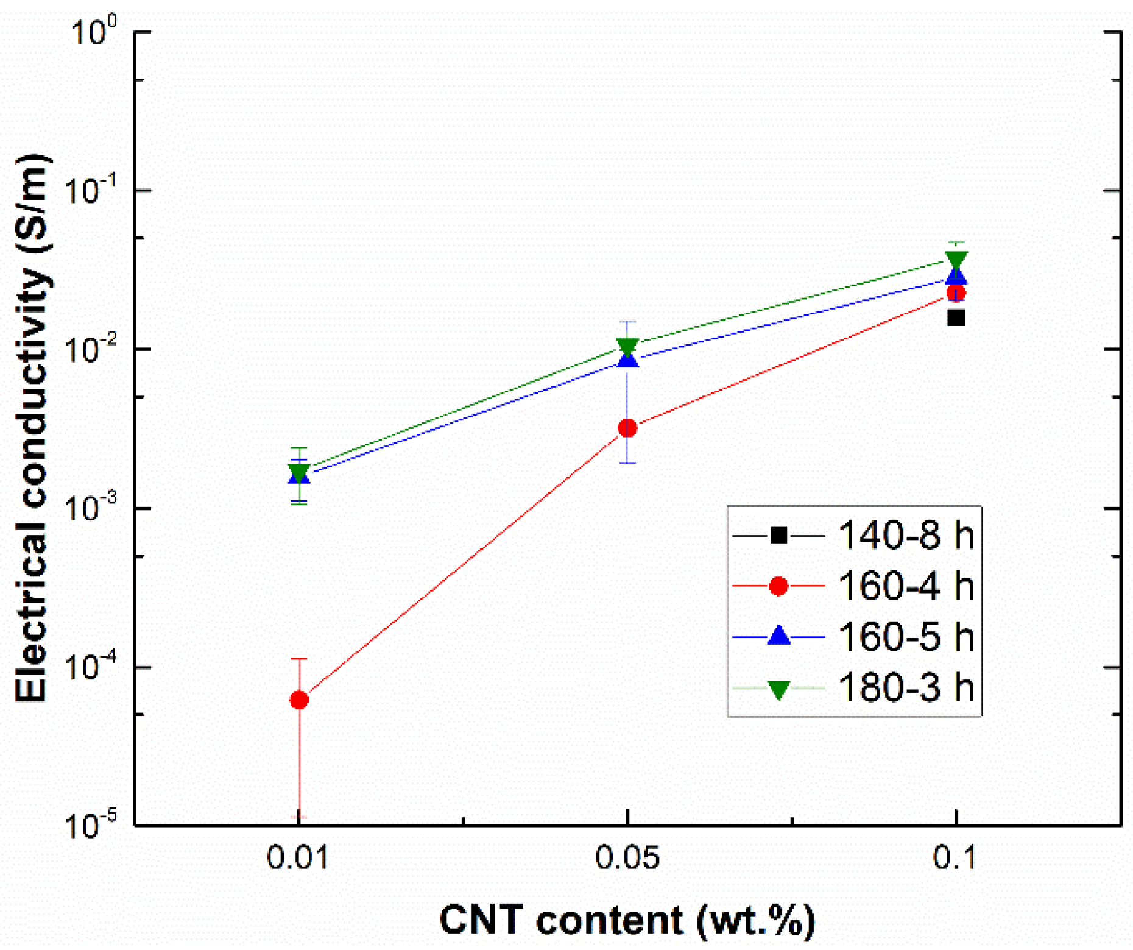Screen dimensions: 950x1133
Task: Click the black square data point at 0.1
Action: (x=956, y=317)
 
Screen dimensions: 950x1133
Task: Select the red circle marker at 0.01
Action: (x=299, y=700)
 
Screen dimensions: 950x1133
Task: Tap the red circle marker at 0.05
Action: (x=627, y=428)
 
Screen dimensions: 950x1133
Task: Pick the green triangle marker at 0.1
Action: (x=956, y=260)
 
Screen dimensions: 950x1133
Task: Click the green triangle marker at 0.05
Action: (x=627, y=346)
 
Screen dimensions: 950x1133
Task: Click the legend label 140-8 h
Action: (x=906, y=536)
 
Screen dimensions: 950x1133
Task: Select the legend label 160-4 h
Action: (x=906, y=586)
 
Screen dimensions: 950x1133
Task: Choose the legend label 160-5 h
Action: (x=906, y=637)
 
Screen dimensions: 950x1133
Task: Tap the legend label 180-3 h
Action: (x=906, y=687)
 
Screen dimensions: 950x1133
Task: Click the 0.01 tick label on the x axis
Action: (x=298, y=858)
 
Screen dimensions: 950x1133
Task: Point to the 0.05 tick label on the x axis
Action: (x=627, y=858)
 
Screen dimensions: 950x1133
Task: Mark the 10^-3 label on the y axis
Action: (x=91, y=508)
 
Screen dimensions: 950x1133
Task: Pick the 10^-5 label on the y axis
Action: (x=91, y=826)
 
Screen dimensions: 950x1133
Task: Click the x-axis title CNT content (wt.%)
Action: (x=627, y=920)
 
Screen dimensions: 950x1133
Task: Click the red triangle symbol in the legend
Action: (x=778, y=586)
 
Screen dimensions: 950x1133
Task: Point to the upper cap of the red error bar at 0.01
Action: (x=299, y=659)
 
